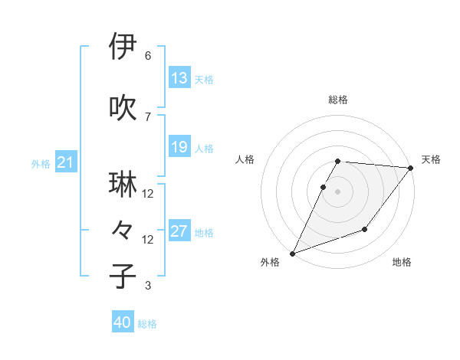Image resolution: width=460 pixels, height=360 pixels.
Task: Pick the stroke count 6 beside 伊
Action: click(148, 56)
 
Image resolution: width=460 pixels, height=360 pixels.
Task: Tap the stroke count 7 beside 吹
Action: click(148, 117)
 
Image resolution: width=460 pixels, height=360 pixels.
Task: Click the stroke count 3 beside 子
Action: click(148, 286)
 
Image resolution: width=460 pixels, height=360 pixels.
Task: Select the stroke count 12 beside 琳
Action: click(148, 194)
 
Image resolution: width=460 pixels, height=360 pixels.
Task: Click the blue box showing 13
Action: click(179, 78)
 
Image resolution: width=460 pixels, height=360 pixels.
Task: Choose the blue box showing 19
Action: click(179, 147)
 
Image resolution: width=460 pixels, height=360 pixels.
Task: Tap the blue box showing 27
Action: click(179, 231)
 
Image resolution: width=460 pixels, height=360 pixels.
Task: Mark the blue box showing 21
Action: click(65, 162)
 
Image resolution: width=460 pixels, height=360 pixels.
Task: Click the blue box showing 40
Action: click(123, 322)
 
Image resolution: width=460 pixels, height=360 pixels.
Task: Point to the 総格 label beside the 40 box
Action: click(147, 324)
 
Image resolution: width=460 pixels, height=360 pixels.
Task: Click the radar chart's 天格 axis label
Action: click(431, 159)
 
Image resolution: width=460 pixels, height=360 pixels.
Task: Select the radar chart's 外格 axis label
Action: click(270, 263)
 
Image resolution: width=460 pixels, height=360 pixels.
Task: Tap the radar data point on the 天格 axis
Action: click(411, 168)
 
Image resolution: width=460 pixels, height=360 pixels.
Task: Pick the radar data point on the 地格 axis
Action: click(365, 229)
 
